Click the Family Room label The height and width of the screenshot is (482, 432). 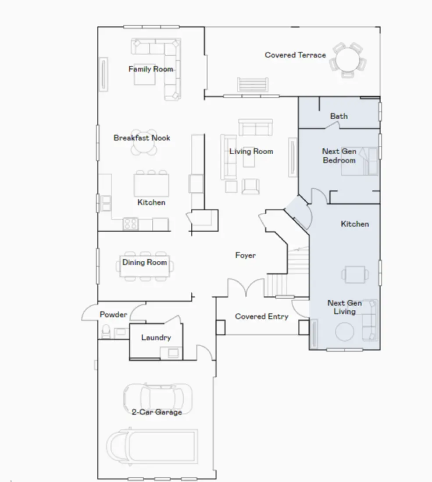150,69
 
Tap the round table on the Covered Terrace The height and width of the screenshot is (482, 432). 346,60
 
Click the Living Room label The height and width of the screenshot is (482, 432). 251,152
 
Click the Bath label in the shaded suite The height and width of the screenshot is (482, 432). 339,116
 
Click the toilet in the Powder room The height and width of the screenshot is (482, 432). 105,332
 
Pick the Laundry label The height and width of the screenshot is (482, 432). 156,337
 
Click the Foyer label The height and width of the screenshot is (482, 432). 245,255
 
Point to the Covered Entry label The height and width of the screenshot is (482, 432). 261,316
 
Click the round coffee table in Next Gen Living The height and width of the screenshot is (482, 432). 344,332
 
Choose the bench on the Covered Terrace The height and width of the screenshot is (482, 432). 252,84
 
